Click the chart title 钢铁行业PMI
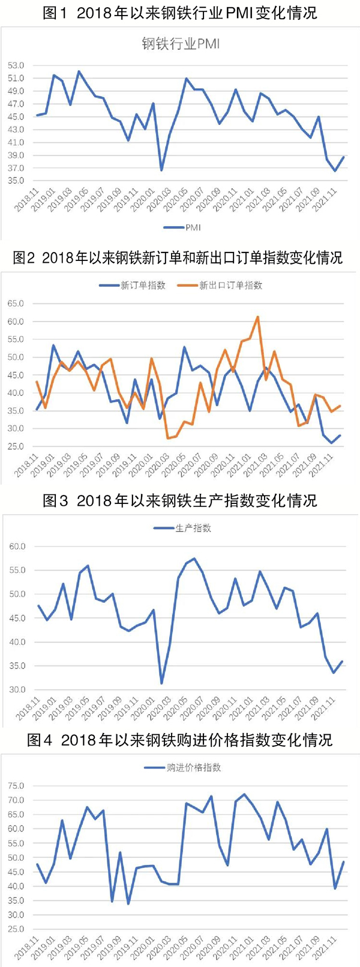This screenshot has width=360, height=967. click(x=181, y=43)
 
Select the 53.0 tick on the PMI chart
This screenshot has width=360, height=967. click(x=16, y=65)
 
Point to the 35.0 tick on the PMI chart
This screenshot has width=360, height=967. click(x=16, y=180)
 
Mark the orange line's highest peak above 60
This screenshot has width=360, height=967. click(x=257, y=317)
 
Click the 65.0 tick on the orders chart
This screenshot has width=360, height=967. click(x=16, y=304)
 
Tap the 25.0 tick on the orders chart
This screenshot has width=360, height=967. click(x=16, y=446)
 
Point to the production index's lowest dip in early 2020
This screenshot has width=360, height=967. click(x=161, y=683)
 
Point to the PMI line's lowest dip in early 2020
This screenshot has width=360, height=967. click(x=161, y=170)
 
